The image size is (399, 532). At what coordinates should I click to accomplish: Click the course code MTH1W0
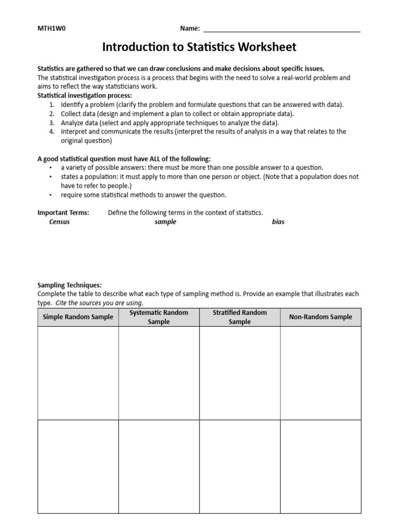[x=51, y=28]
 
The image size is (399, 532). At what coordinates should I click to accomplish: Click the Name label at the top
[x=190, y=28]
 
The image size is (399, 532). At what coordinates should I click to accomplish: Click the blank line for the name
[x=281, y=30]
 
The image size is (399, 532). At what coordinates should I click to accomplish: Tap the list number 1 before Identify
[x=52, y=104]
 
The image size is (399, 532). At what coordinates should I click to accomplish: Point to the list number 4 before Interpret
[x=52, y=131]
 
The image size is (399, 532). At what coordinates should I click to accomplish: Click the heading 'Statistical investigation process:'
[x=85, y=96]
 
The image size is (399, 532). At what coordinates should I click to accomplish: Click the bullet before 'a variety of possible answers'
[x=50, y=168]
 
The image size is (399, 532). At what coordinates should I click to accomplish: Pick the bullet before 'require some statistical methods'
[x=50, y=195]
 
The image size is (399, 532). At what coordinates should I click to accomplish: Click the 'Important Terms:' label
[x=63, y=212]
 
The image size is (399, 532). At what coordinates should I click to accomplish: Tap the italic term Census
[x=59, y=222]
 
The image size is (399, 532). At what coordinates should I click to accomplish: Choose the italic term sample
[x=165, y=222]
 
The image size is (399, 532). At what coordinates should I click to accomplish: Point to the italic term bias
[x=278, y=222]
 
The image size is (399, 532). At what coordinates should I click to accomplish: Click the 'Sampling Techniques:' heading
[x=70, y=285]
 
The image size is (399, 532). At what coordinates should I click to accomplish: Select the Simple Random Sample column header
[x=78, y=317]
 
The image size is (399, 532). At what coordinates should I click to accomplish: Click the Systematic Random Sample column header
[x=159, y=317]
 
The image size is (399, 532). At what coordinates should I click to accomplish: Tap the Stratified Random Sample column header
[x=240, y=317]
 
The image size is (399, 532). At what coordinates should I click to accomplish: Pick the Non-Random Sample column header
[x=321, y=317]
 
